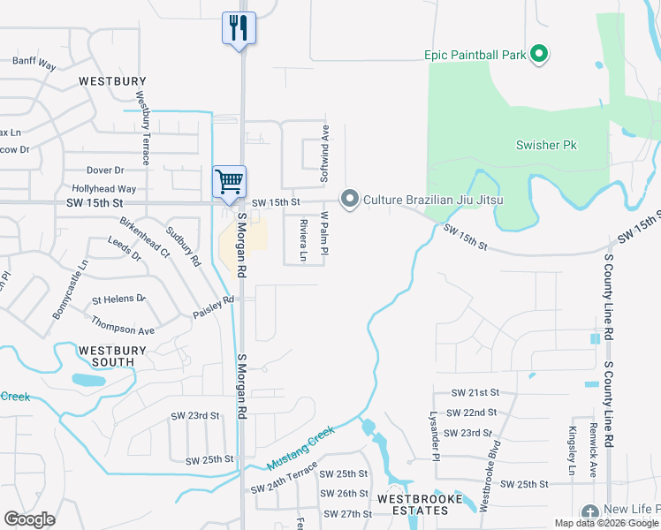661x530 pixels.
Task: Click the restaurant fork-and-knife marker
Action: coord(239,27)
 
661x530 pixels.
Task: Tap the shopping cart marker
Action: coord(229,181)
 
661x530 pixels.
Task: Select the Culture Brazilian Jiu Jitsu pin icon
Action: coord(350,200)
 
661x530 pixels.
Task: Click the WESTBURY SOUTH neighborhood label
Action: coord(106,356)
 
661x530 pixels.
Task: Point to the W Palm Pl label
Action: coord(324,233)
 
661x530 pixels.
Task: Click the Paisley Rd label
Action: coord(213,300)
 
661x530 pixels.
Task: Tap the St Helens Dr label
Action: coord(118,299)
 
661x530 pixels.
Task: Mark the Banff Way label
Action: coord(34,64)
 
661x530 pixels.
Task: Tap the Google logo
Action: coord(30,519)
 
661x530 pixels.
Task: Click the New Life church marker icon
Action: coord(590,512)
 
